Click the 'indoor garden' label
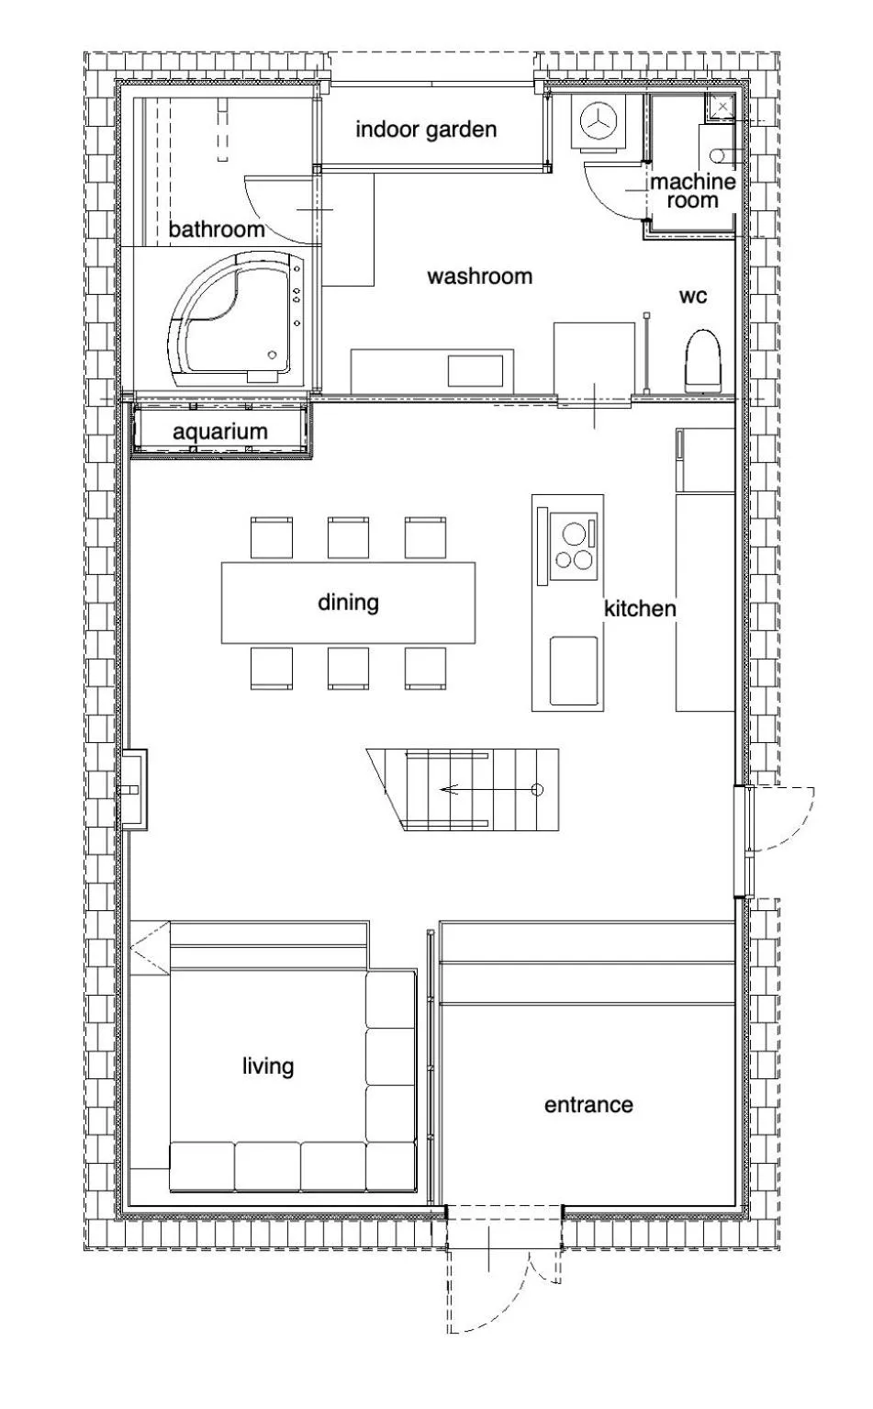426,130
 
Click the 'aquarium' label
220,432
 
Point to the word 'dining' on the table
348,603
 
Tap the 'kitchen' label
640,608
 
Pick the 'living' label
268,1066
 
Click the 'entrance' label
588,1104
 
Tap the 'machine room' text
693,190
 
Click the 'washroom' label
479,276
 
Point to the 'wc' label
693,296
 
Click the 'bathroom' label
216,229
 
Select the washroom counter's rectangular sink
475,371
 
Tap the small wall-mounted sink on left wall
135,789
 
